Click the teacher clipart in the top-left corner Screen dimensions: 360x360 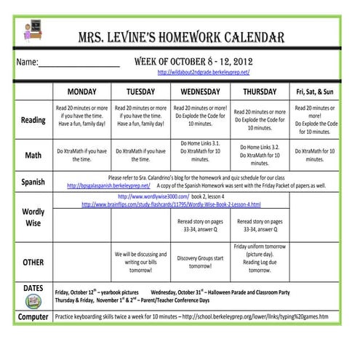33,30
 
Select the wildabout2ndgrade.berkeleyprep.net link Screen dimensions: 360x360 203,73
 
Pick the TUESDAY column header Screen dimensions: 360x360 140,92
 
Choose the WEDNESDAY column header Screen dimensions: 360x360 200,92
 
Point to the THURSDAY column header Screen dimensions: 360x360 260,92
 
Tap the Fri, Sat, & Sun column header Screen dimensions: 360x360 314,92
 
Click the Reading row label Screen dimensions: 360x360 33,119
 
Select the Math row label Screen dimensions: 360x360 33,155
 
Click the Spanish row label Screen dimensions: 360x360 33,181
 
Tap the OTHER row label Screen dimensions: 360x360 33,262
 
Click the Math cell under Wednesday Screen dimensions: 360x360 200,154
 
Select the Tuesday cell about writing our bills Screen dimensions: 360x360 140,262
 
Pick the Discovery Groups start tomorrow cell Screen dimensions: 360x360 200,262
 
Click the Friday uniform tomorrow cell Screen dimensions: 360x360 260,258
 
